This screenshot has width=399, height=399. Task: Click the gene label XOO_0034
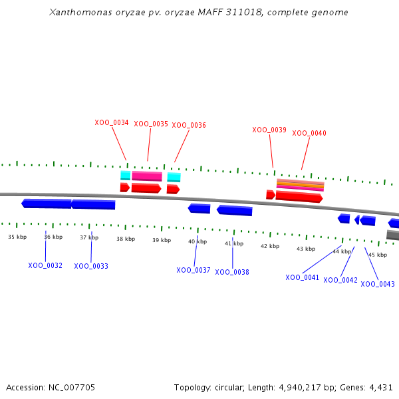click(112, 122)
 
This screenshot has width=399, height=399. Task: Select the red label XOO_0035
click(151, 124)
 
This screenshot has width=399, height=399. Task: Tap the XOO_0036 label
click(189, 125)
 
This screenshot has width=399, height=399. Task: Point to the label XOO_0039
click(269, 130)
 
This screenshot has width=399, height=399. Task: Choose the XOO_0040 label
click(309, 133)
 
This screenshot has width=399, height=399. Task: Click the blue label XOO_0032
click(45, 265)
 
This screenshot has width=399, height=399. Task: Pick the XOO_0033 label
click(91, 266)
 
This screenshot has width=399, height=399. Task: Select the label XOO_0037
click(194, 270)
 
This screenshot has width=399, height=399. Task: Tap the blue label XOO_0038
click(232, 272)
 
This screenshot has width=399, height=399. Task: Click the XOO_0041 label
click(303, 277)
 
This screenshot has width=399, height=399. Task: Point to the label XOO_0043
click(378, 284)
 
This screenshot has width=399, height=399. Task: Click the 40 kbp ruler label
click(198, 241)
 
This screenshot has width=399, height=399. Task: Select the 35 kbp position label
click(17, 237)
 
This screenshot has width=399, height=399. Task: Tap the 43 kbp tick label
click(306, 249)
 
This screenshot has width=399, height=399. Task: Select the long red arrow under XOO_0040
click(299, 197)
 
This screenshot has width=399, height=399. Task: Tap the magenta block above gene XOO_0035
click(147, 176)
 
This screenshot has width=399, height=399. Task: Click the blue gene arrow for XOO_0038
click(235, 210)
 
